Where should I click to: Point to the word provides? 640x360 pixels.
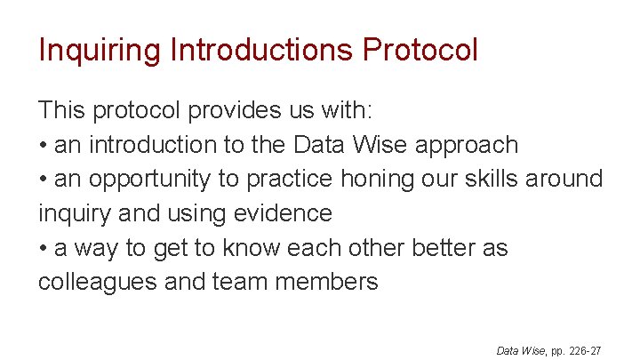pos(229,110)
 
